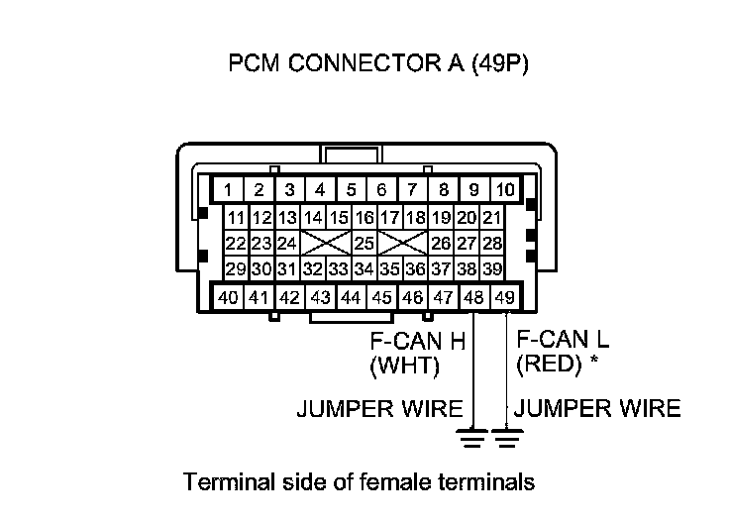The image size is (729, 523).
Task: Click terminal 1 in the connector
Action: pos(228,189)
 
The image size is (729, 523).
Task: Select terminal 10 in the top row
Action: pos(505,189)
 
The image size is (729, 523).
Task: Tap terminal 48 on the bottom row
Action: pos(475,296)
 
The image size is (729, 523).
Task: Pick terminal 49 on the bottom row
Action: pos(505,296)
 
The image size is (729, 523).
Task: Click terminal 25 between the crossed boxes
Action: pos(364,243)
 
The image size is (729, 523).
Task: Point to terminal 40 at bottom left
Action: pos(228,296)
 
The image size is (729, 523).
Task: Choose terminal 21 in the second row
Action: pos(492,217)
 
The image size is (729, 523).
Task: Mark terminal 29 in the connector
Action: pos(235,268)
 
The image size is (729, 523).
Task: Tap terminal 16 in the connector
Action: pos(364,217)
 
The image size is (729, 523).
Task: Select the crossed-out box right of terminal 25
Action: pos(403,243)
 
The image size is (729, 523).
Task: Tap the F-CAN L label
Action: pos(563,340)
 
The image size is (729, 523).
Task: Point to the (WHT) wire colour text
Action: pos(404,366)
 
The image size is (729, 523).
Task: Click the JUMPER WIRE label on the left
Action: pos(379,408)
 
